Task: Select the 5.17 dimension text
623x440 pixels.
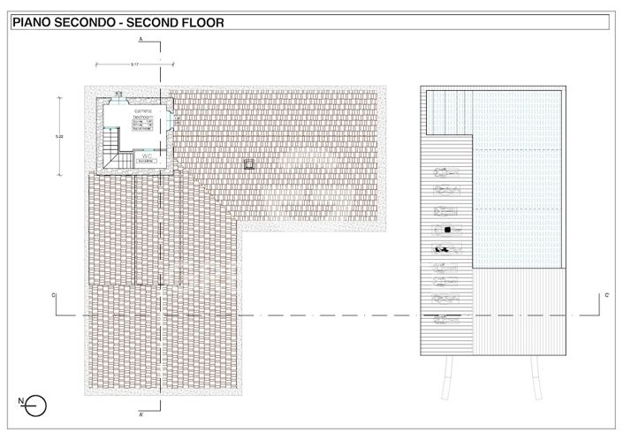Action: click(134, 64)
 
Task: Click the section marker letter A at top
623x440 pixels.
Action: click(141, 42)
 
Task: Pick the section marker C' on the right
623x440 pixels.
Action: click(606, 294)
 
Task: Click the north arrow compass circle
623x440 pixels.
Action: click(36, 406)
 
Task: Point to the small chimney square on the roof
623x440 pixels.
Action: click(248, 163)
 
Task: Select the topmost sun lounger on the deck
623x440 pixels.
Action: click(447, 173)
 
